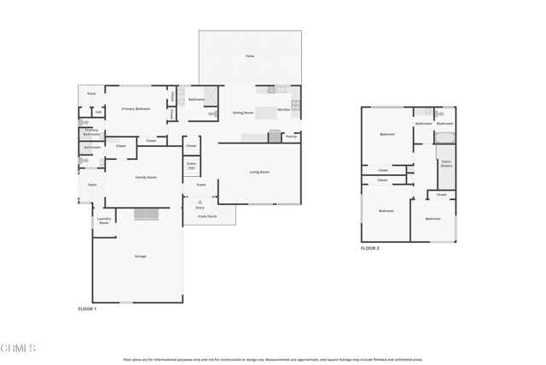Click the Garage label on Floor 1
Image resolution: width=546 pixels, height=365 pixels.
[x=140, y=256]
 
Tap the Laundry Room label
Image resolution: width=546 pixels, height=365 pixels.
[x=104, y=221]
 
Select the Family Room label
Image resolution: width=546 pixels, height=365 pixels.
[x=146, y=177]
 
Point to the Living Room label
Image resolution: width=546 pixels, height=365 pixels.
[x=259, y=172]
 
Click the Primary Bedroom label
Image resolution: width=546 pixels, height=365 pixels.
[x=136, y=109]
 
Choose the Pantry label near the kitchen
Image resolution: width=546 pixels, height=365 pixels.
[x=291, y=136]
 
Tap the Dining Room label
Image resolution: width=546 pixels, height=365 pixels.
[x=243, y=113]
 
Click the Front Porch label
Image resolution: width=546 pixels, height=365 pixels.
[x=207, y=216]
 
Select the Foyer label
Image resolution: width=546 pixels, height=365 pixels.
[x=201, y=185]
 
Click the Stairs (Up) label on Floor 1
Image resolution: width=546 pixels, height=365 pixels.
[x=191, y=165]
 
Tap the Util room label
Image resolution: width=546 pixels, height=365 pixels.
[x=98, y=112]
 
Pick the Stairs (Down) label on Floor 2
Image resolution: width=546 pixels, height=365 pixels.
[x=445, y=163]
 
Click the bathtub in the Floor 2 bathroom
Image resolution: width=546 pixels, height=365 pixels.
[x=444, y=137]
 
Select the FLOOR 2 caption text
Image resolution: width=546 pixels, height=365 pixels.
[x=369, y=248]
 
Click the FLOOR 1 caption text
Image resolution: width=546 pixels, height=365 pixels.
[x=87, y=309]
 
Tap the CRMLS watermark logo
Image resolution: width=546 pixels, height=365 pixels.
[x=19, y=348]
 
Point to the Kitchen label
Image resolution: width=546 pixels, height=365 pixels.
[x=283, y=109]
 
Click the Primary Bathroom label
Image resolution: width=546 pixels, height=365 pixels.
[x=91, y=132]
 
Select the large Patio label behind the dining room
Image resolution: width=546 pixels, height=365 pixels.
[x=250, y=56]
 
